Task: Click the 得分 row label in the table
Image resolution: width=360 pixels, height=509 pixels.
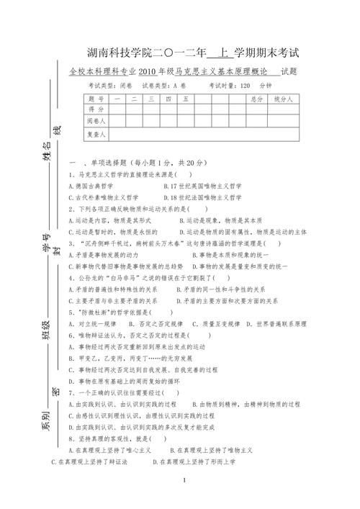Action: pyautogui.click(x=96, y=110)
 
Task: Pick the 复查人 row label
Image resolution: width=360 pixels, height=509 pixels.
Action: pyautogui.click(x=96, y=135)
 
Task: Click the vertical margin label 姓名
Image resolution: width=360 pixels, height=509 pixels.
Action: pyautogui.click(x=48, y=153)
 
